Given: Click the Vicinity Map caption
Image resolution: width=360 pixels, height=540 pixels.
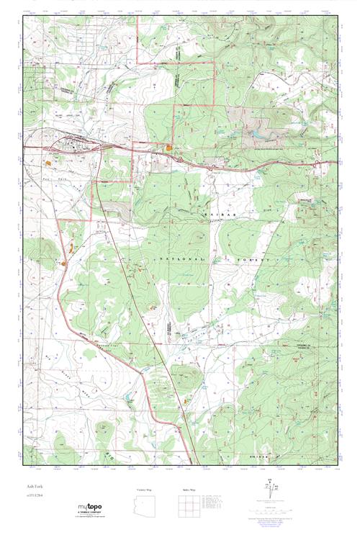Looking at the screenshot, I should pos(145,490).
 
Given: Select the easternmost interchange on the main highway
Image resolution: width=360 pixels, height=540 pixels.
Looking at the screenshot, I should pos(317,164).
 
